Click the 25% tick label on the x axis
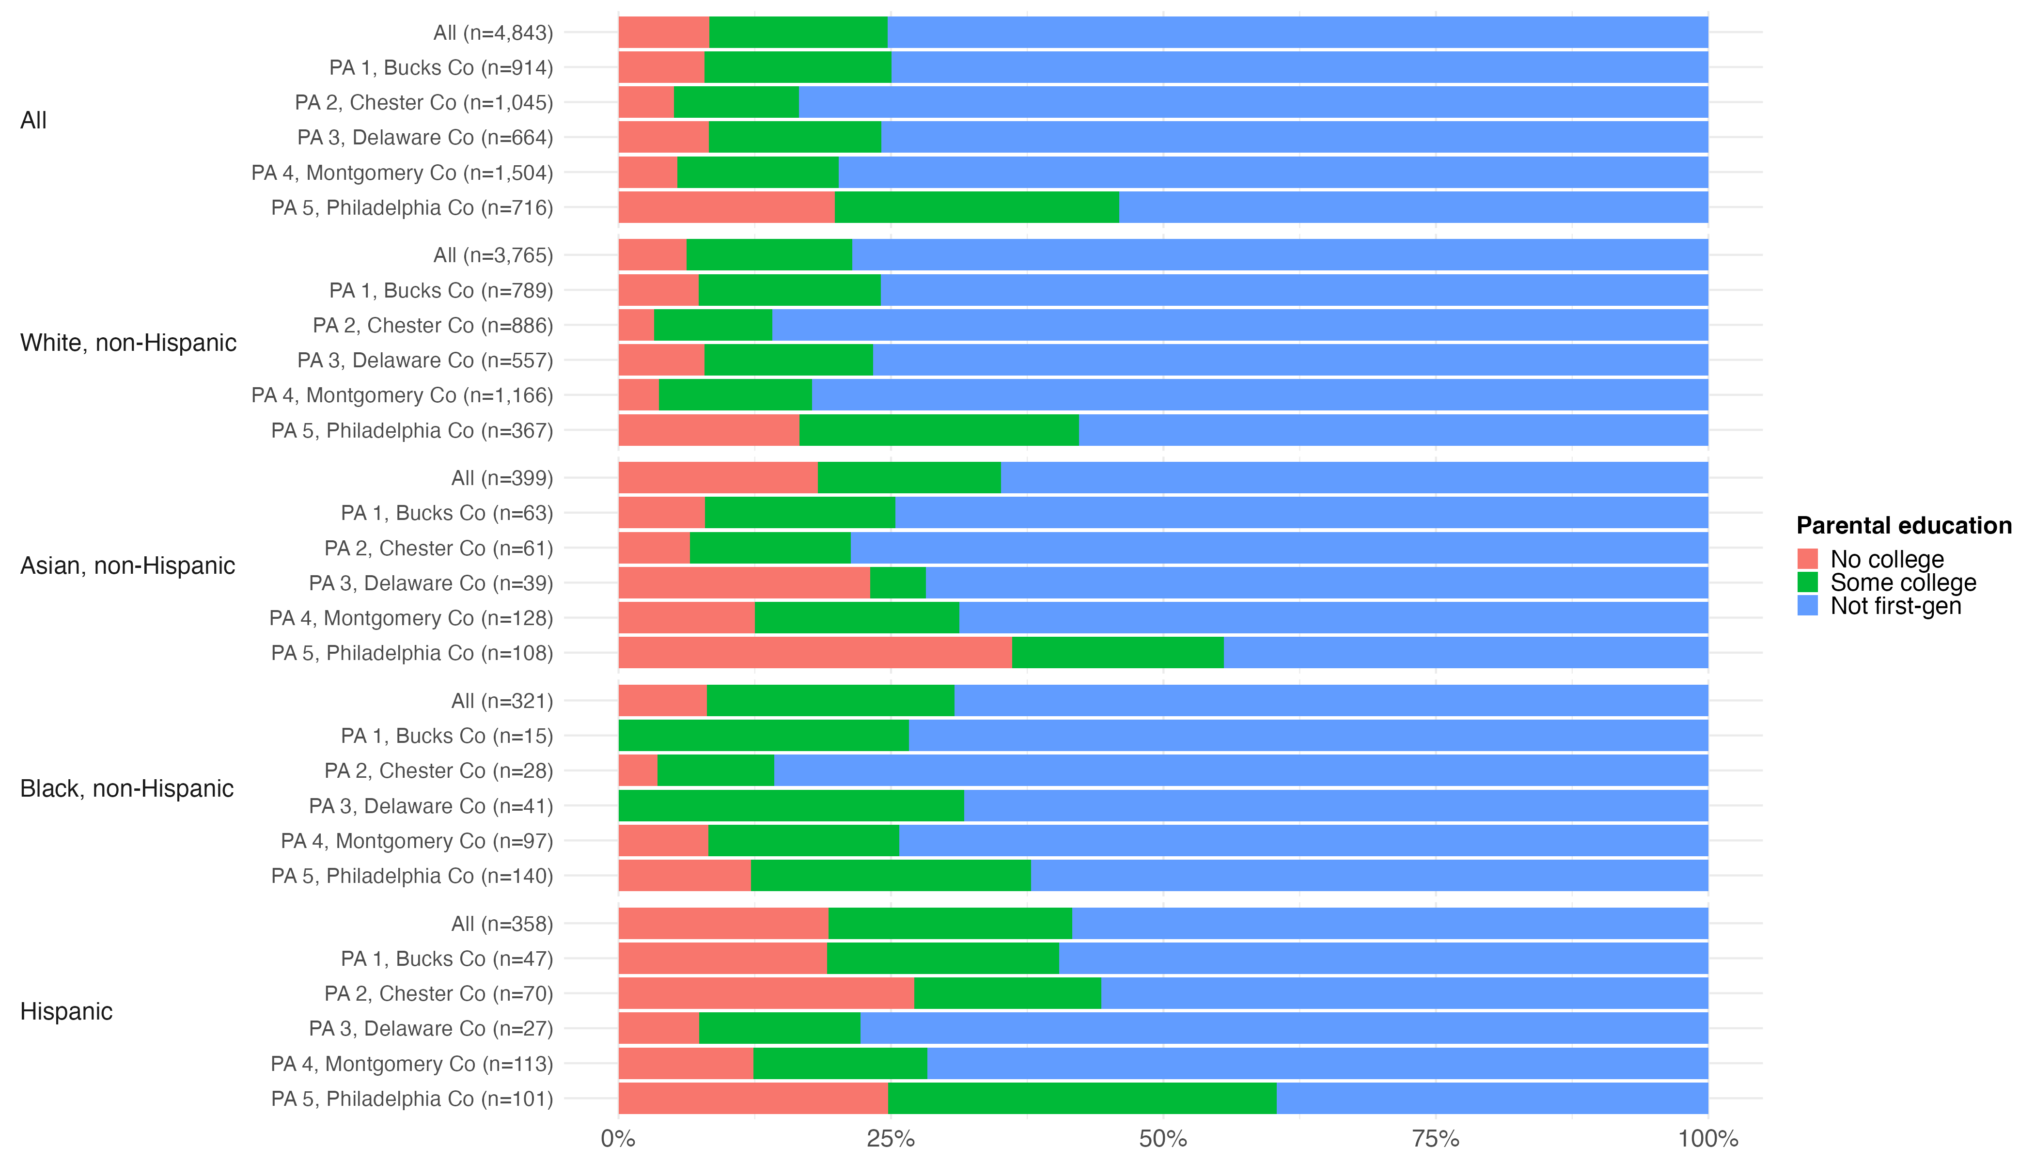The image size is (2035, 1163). [x=891, y=1139]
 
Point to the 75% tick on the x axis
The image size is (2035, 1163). [x=1435, y=1139]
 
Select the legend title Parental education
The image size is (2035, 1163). [x=1903, y=526]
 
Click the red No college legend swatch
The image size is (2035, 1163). [x=1807, y=558]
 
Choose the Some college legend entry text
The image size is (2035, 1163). [x=1902, y=582]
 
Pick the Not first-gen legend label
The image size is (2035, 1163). [x=1895, y=606]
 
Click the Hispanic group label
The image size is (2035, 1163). [x=66, y=1011]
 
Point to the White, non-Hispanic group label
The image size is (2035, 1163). [x=128, y=343]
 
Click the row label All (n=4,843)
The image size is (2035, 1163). [x=493, y=33]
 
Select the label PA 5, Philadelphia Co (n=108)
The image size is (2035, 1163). [x=412, y=653]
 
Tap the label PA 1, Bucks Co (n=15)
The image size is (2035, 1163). [x=446, y=736]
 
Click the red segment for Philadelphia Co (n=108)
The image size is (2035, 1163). [x=814, y=653]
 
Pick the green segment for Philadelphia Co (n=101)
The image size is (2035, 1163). [x=1081, y=1098]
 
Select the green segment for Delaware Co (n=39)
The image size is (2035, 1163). [x=898, y=583]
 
